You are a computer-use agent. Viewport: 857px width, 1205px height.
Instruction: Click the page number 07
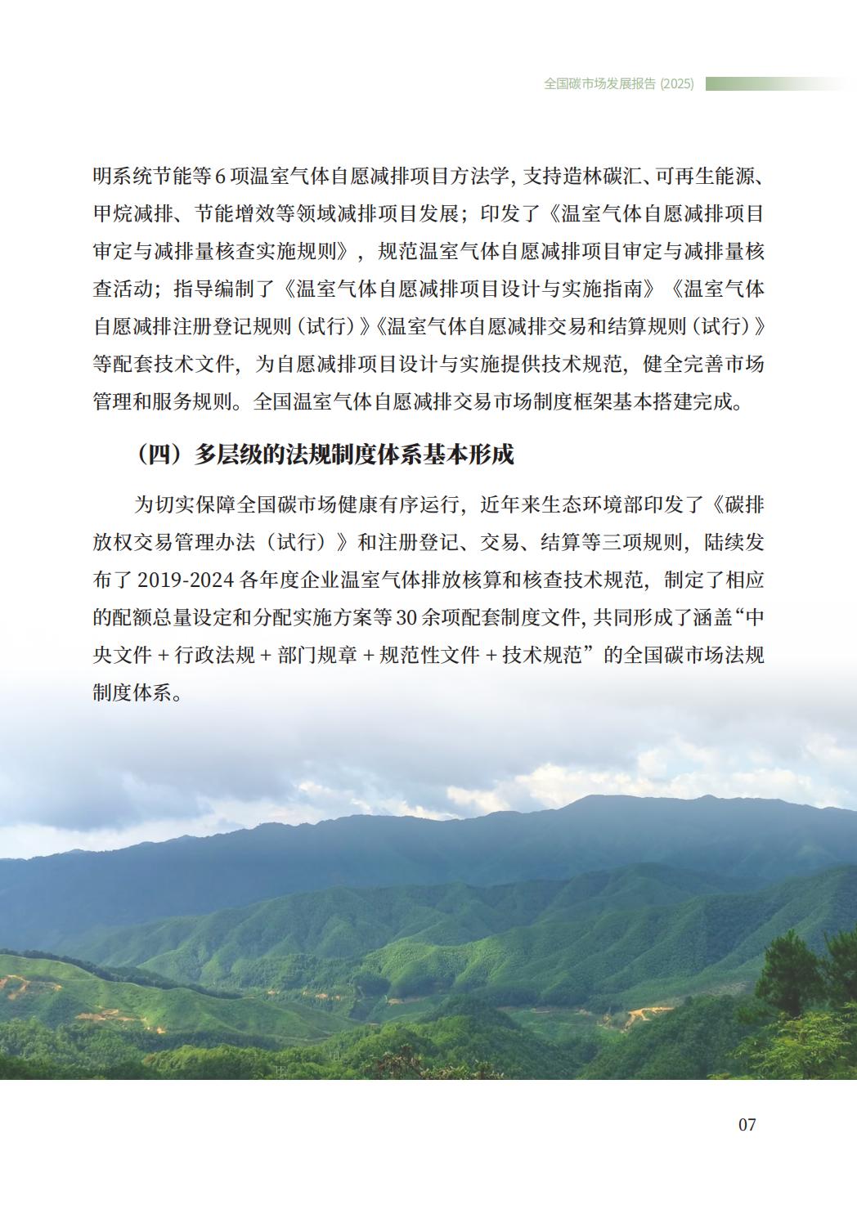[x=747, y=1124]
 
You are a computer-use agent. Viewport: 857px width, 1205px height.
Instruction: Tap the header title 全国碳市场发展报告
[x=600, y=83]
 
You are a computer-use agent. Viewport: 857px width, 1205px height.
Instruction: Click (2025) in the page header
[x=677, y=83]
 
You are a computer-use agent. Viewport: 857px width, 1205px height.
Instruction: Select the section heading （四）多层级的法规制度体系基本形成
[x=325, y=455]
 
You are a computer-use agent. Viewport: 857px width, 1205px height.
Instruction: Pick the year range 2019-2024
[x=186, y=580]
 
